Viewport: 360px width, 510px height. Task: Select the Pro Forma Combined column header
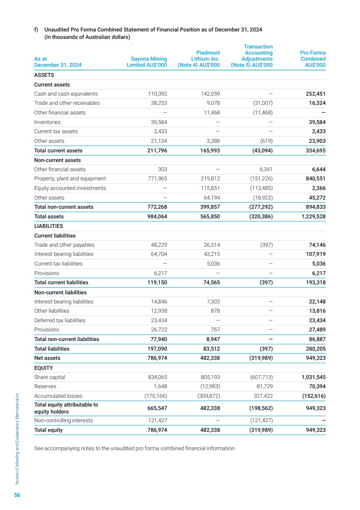tap(312, 59)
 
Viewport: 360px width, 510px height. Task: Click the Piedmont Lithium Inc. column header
tap(198, 59)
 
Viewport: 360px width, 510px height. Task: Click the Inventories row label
tap(47, 122)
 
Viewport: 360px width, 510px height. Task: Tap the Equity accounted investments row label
tap(70, 188)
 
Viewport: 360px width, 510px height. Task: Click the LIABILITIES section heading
tap(48, 226)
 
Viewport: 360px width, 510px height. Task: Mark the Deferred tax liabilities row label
tap(60, 320)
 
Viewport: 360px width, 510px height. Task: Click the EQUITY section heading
tap(44, 367)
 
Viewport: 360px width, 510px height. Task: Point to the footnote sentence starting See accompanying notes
tap(134, 448)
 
